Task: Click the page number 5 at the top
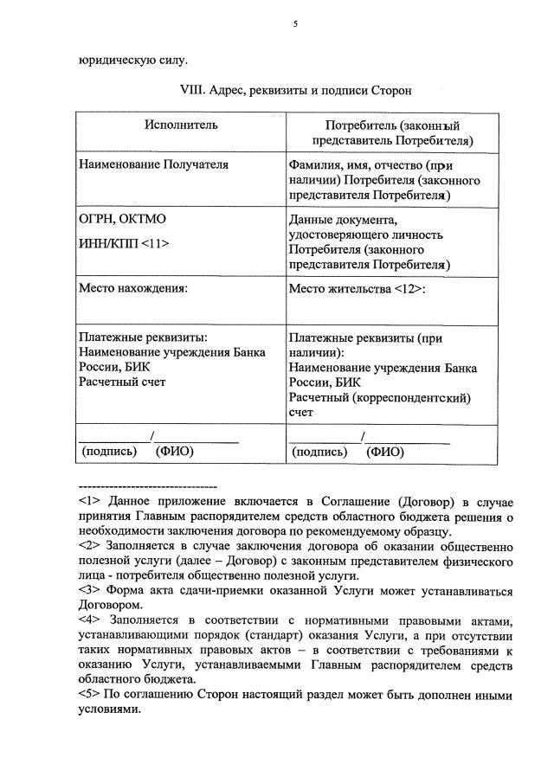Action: pyautogui.click(x=294, y=25)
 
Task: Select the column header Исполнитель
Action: pyautogui.click(x=181, y=125)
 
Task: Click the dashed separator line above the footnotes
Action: pyautogui.click(x=147, y=486)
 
